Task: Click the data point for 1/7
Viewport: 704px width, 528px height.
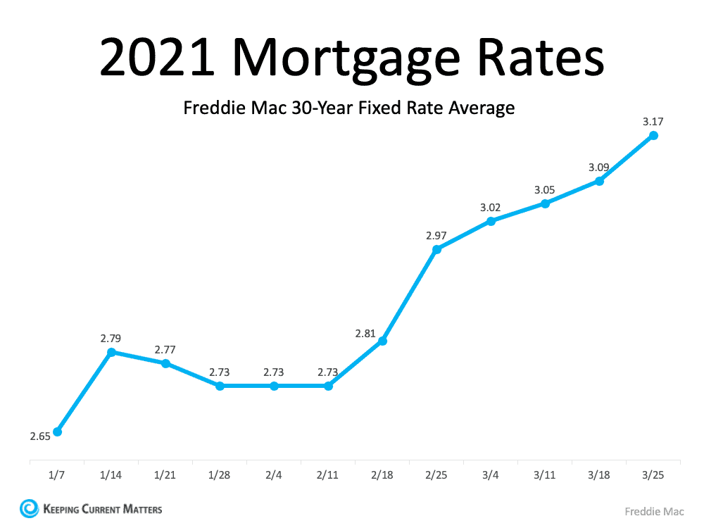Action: pos(57,432)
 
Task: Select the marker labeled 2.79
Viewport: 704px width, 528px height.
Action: pos(111,352)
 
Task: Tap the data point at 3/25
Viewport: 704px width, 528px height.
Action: pos(653,135)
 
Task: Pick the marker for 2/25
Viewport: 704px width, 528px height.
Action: pos(436,249)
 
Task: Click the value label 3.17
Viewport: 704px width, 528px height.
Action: pos(653,121)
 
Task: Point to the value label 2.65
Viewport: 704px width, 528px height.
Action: pos(40,436)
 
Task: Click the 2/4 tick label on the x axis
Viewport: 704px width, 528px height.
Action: pos(274,475)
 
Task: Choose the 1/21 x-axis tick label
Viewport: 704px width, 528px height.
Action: pos(165,475)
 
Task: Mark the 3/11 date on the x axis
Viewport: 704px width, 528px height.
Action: pos(545,475)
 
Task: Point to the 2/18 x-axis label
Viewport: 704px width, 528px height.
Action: pos(382,475)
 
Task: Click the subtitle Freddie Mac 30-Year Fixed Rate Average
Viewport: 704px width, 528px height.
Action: pos(349,108)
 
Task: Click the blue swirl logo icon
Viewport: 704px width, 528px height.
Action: pos(30,508)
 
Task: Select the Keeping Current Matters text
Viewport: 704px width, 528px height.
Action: pos(102,508)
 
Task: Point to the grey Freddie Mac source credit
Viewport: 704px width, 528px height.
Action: pos(654,512)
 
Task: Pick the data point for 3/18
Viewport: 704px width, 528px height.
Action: pos(599,181)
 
